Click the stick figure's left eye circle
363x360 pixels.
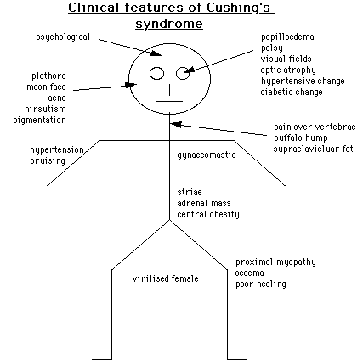[x=156, y=72]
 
